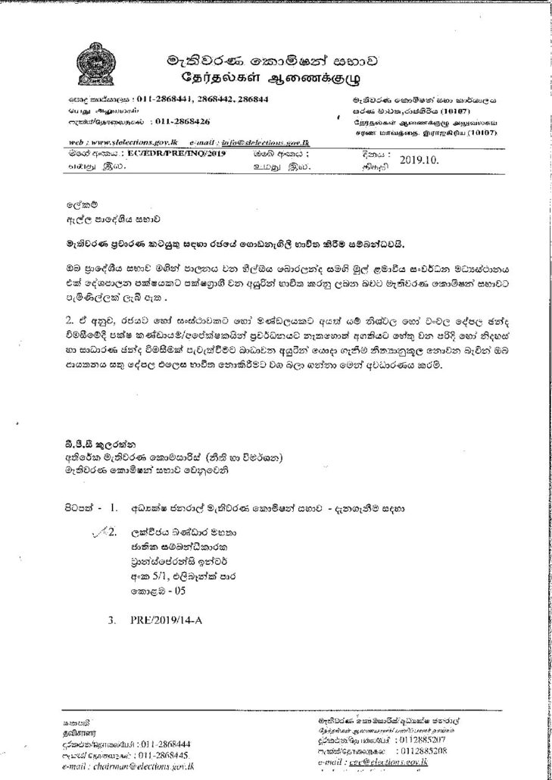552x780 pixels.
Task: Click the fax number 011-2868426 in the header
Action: [182, 121]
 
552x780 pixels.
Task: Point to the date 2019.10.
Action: [419, 160]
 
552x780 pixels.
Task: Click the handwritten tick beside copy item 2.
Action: [100, 532]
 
